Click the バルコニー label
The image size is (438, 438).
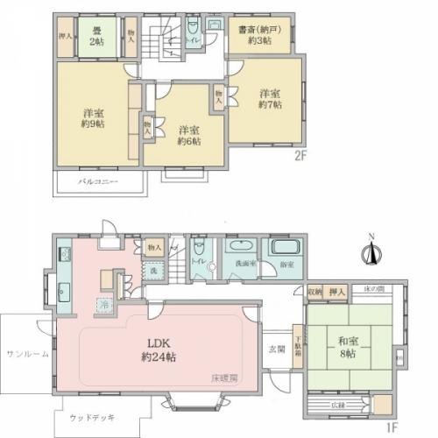pyautogui.click(x=99, y=182)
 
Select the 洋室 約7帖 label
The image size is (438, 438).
pyautogui.click(x=270, y=100)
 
